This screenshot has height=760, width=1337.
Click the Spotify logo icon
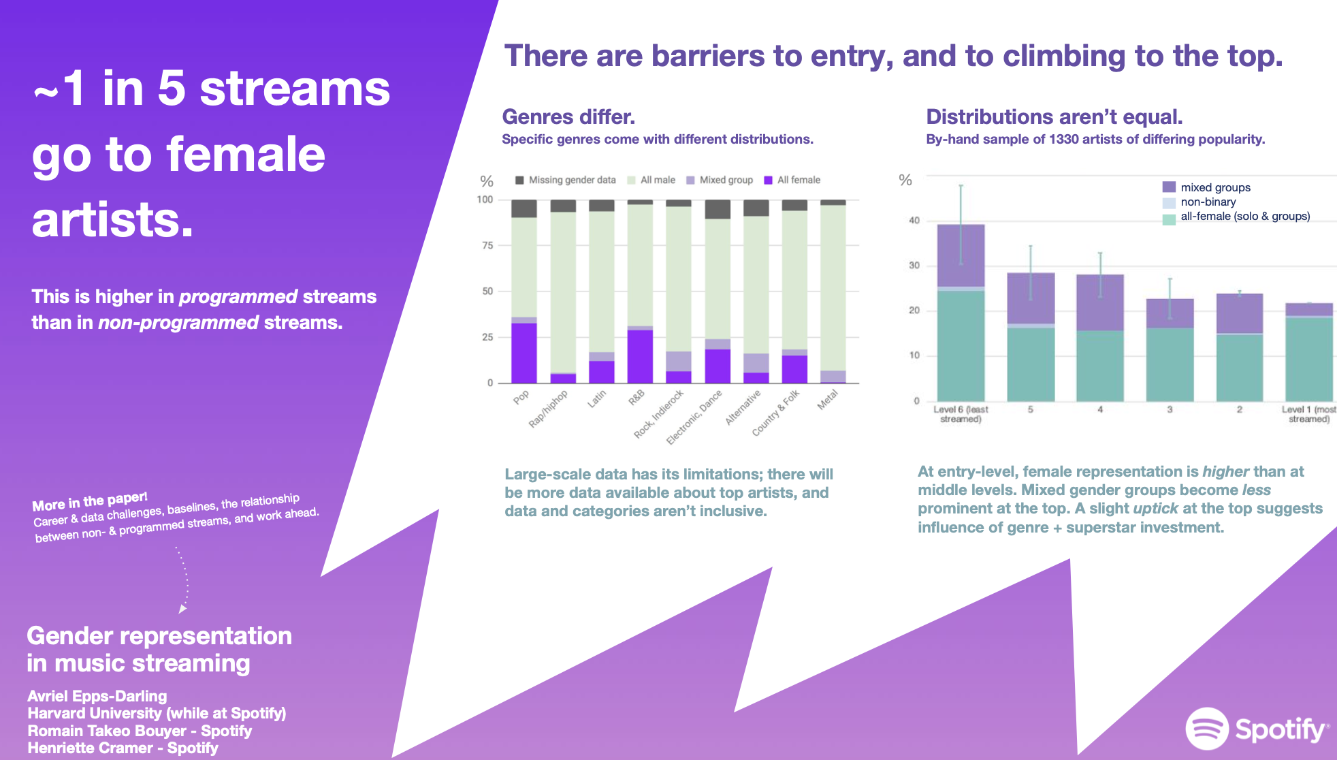1206,729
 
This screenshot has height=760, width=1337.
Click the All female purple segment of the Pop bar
523,353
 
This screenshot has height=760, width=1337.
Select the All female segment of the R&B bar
640,356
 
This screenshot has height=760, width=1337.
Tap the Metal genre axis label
828,400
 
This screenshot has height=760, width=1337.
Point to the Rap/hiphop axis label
548,409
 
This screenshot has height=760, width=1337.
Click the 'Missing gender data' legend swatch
519,180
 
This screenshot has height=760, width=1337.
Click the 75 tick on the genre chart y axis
487,245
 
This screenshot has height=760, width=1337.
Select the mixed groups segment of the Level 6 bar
961,255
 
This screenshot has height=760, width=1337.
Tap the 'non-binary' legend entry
1208,202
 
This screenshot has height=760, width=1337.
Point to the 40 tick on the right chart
914,221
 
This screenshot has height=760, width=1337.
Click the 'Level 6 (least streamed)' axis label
961,414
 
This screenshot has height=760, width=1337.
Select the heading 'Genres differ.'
568,117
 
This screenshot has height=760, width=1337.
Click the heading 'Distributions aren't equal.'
1054,117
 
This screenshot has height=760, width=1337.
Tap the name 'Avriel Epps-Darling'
97,696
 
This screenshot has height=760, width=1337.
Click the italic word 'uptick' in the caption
1155,509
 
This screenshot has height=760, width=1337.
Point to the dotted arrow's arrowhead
182,609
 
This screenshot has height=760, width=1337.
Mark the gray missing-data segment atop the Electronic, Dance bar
718,209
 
